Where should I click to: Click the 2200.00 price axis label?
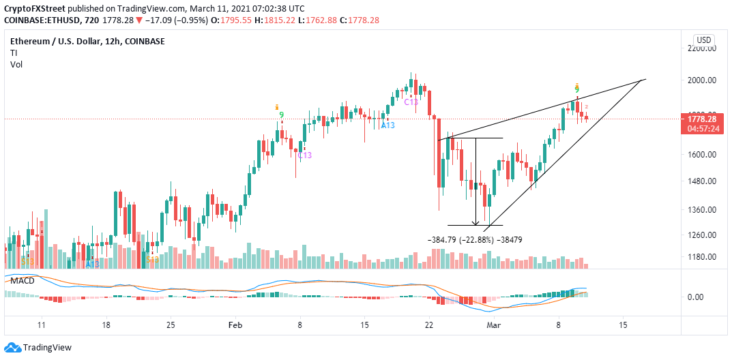point(701,48)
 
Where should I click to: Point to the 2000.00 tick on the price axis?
point(701,80)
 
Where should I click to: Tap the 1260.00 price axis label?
point(701,235)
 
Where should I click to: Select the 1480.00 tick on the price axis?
point(701,181)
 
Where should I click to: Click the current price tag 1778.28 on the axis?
point(701,119)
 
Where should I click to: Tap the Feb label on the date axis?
point(235,326)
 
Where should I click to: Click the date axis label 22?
point(429,326)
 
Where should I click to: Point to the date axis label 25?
point(171,326)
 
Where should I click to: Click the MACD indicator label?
point(20,281)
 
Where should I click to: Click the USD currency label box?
point(703,39)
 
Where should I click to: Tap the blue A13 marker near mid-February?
point(387,125)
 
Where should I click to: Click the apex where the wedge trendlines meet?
point(645,80)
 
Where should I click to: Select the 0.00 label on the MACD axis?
point(697,297)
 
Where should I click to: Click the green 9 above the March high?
point(577,90)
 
